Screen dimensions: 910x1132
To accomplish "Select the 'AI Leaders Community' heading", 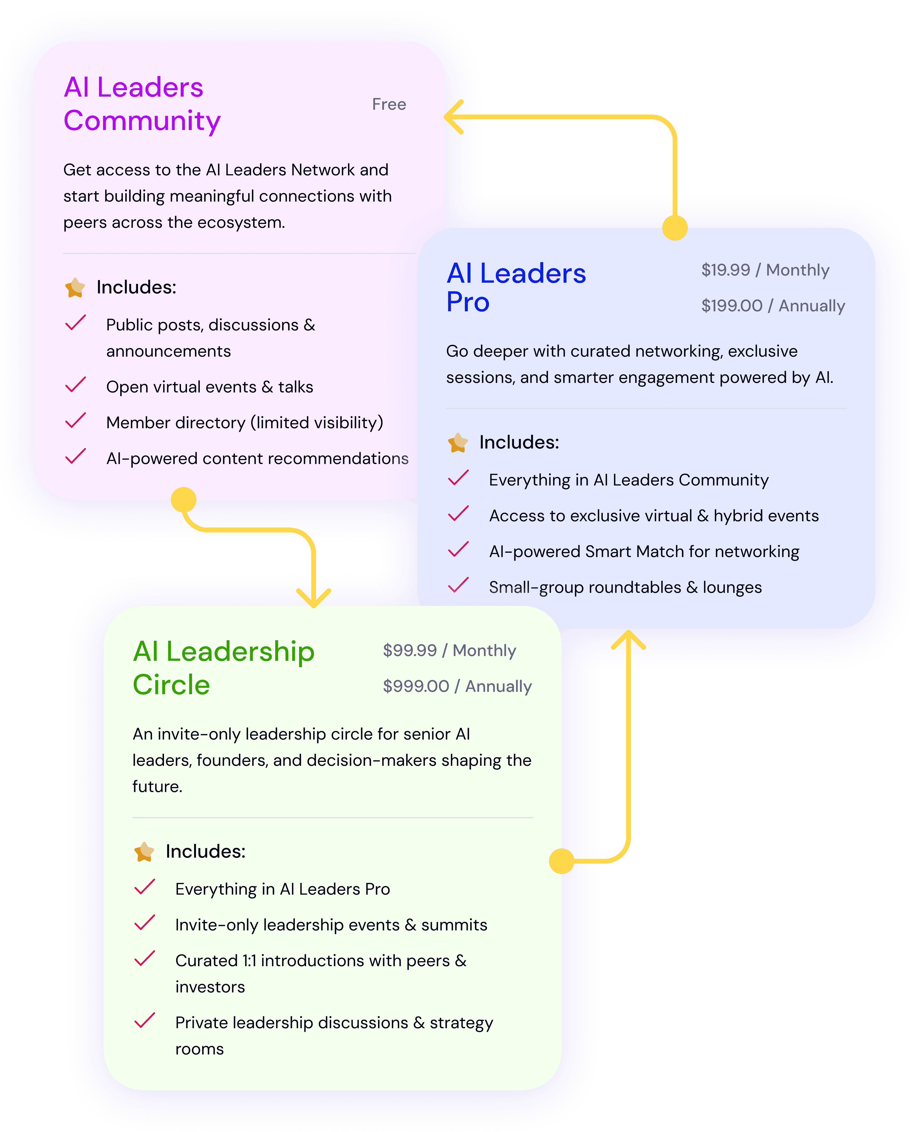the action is click(x=142, y=104).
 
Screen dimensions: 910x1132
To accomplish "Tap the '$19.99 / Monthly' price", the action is click(x=765, y=270).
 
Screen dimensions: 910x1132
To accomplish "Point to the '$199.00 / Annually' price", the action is click(x=773, y=306).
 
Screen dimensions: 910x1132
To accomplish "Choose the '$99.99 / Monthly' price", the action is click(x=449, y=650).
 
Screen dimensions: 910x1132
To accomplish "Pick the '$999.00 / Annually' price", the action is click(x=457, y=686).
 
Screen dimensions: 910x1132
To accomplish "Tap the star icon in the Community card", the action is click(x=75, y=288).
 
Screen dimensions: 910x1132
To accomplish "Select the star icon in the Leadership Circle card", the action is click(x=144, y=852).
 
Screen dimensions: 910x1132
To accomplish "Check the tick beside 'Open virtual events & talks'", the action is click(x=76, y=385).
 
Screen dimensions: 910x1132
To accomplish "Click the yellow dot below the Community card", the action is click(x=183, y=500).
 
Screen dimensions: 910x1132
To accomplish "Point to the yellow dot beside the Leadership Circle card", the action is click(x=561, y=861).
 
